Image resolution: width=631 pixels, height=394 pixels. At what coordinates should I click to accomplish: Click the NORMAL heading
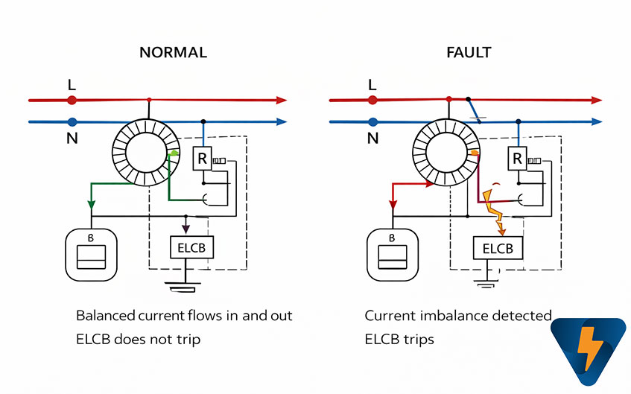click(173, 53)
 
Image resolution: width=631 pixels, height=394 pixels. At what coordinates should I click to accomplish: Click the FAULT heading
click(468, 53)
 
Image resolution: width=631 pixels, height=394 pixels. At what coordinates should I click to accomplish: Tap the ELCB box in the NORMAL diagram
click(192, 247)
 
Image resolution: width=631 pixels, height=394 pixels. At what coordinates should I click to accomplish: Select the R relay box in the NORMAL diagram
click(202, 158)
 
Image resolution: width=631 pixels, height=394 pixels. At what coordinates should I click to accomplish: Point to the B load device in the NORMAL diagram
click(93, 252)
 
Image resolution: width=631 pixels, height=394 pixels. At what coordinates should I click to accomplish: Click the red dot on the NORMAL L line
click(72, 100)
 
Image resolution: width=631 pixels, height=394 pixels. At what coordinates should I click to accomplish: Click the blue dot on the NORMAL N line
click(72, 121)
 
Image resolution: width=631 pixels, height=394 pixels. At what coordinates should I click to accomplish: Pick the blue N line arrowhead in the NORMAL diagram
click(281, 121)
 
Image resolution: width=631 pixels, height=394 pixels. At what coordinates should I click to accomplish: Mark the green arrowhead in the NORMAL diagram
click(92, 203)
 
